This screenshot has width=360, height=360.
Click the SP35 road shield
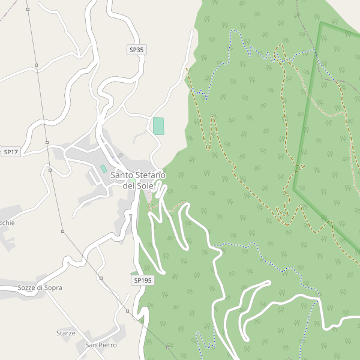coord(137,50)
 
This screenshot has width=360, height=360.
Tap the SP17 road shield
coord(11,152)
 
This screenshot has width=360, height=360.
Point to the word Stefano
coord(149,175)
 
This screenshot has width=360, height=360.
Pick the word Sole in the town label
coord(145,186)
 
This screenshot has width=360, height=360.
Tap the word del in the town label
coord(129,186)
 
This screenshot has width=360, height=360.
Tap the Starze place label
coord(66,333)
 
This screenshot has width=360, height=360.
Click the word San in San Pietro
coord(91,345)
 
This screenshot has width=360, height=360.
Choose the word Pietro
coord(107,345)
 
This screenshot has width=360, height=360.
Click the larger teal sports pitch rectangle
coord(158,126)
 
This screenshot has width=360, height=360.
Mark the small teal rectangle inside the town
coord(103,169)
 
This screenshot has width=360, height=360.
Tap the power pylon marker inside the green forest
coord(167,347)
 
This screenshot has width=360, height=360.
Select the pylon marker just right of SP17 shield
coord(47,143)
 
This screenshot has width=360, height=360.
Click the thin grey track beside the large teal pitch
coord(139,137)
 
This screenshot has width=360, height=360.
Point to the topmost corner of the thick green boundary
coord(321,23)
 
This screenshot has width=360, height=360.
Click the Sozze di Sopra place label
coord(40,287)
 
